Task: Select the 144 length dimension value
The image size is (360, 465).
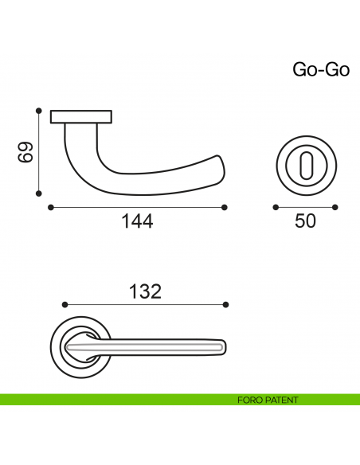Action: coord(137,221)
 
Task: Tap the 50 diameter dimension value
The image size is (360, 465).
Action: coord(305,221)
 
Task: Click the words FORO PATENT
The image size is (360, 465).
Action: coord(268,400)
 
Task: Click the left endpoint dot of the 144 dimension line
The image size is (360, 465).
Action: coord(51,207)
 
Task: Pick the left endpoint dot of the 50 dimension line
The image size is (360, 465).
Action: coord(275,207)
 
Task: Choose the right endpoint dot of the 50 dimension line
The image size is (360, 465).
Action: coord(335,207)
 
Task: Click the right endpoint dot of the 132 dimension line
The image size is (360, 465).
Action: coord(226,304)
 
